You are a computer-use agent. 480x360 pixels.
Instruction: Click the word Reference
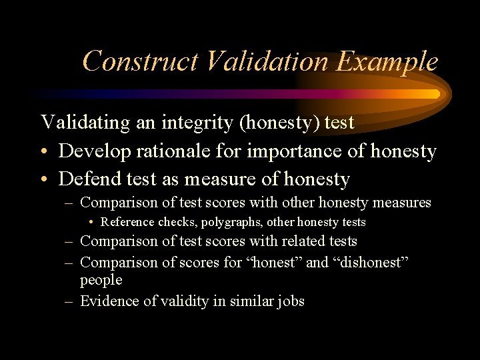128,222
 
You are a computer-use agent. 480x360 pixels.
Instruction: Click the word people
101,280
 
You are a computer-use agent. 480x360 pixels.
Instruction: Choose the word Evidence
108,301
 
